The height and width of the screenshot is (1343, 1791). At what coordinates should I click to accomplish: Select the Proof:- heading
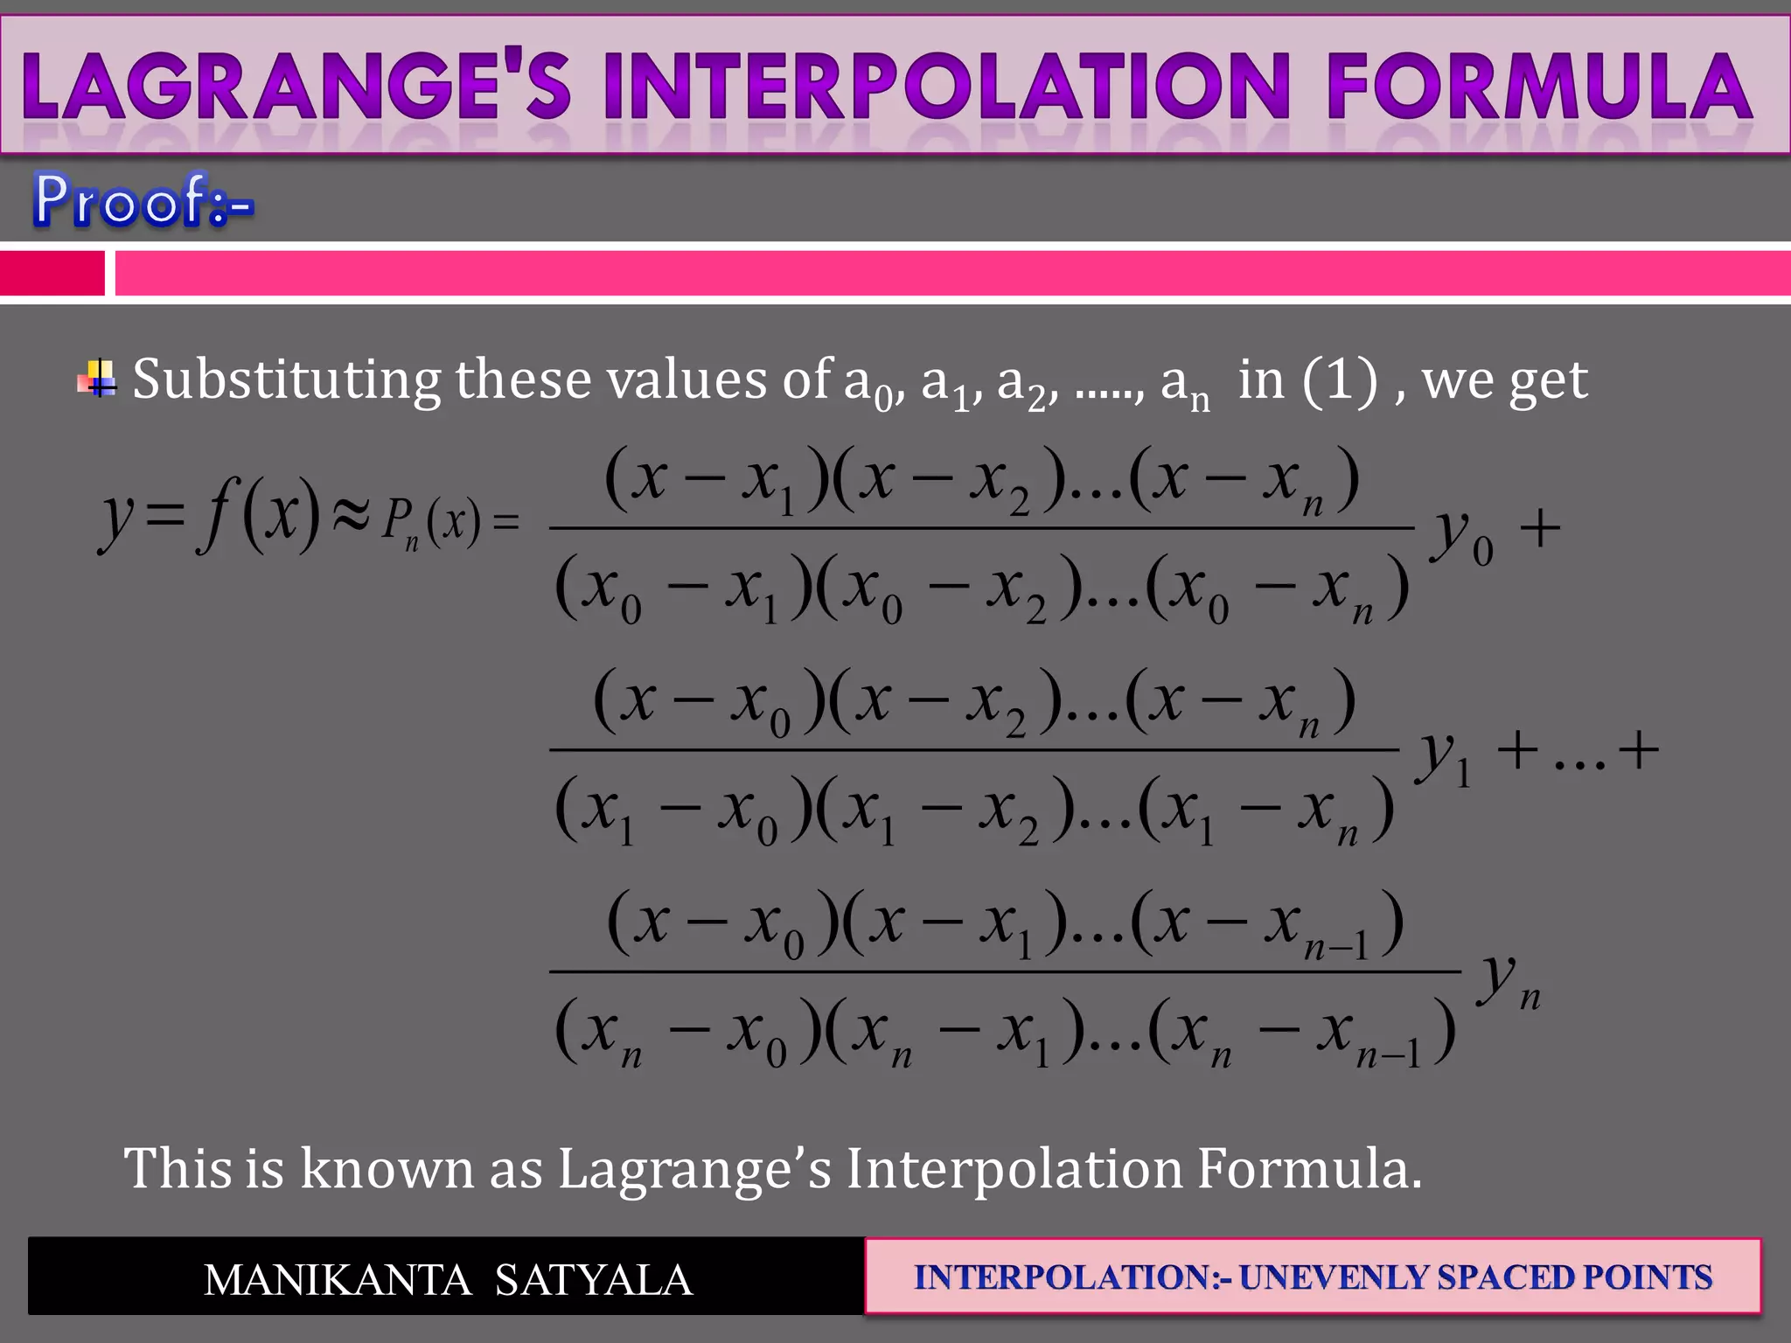point(143,200)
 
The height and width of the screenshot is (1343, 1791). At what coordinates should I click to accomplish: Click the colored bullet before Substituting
point(97,379)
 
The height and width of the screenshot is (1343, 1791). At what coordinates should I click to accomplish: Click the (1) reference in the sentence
point(1339,381)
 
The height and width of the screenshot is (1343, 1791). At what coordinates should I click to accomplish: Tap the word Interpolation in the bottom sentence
point(1014,1168)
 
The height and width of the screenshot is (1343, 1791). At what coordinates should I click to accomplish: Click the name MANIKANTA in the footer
point(338,1280)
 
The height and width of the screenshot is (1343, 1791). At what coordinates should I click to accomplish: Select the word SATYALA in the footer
point(594,1280)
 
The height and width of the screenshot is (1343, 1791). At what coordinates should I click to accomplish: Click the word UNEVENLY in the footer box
point(1334,1277)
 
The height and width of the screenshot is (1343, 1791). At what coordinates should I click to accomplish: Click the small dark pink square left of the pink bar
point(52,273)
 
